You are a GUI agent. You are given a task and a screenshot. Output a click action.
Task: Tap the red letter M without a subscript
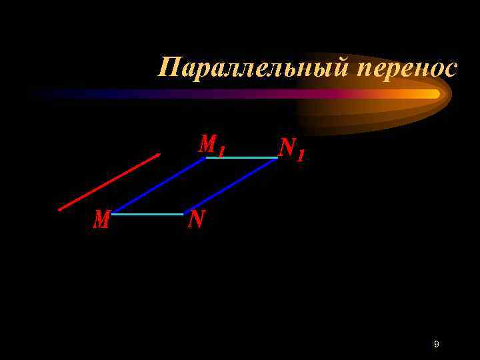coord(101,220)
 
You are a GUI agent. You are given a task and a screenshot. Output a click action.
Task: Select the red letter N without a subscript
coord(196,219)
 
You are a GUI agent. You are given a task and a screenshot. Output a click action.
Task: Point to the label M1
coord(211,145)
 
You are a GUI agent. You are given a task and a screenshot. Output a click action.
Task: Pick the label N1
coord(291,149)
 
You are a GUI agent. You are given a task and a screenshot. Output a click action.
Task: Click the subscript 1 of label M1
coord(221,150)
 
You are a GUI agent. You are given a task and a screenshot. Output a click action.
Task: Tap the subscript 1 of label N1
coord(301,155)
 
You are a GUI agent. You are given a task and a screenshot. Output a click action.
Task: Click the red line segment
coord(109,182)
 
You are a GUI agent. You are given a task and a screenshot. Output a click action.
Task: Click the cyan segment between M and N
coord(148,214)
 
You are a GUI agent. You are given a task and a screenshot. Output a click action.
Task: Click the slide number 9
coord(436,344)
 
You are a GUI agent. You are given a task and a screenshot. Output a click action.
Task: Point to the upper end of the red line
coord(159,155)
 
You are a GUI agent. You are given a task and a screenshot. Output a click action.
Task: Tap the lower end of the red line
coord(59,209)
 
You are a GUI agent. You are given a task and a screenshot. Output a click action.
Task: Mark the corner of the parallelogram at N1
coord(277,158)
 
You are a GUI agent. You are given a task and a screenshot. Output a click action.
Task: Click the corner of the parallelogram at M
coord(113,214)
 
